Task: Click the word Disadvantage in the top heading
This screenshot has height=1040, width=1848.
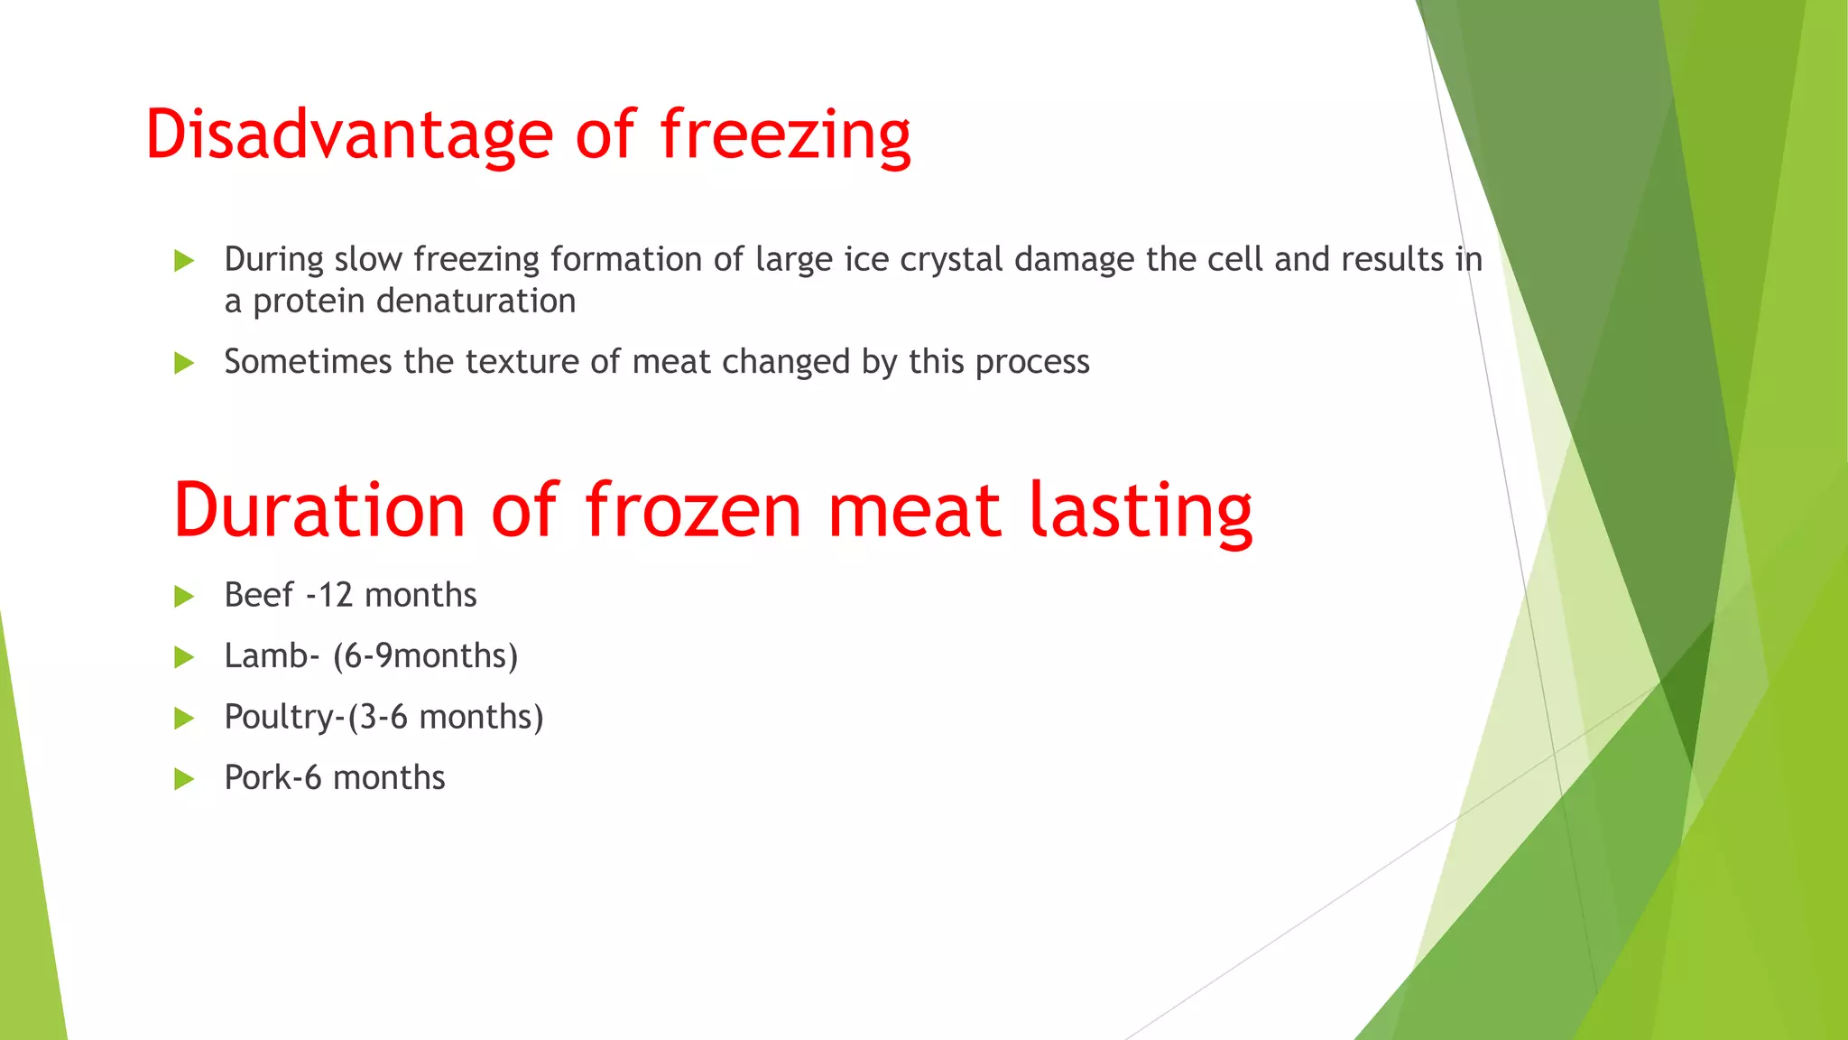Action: (348, 135)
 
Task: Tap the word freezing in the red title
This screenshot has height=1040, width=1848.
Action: (785, 135)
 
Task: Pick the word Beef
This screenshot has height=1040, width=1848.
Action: (258, 596)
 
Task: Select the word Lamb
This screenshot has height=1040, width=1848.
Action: (266, 656)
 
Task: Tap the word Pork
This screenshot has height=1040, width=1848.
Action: (257, 778)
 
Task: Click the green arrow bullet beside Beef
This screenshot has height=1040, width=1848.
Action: (184, 597)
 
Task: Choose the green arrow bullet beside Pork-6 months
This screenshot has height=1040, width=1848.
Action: (184, 779)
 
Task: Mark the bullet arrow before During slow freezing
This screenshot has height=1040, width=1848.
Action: (184, 261)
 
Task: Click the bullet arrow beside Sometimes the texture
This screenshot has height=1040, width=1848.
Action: (184, 363)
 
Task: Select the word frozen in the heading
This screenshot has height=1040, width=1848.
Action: (693, 511)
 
